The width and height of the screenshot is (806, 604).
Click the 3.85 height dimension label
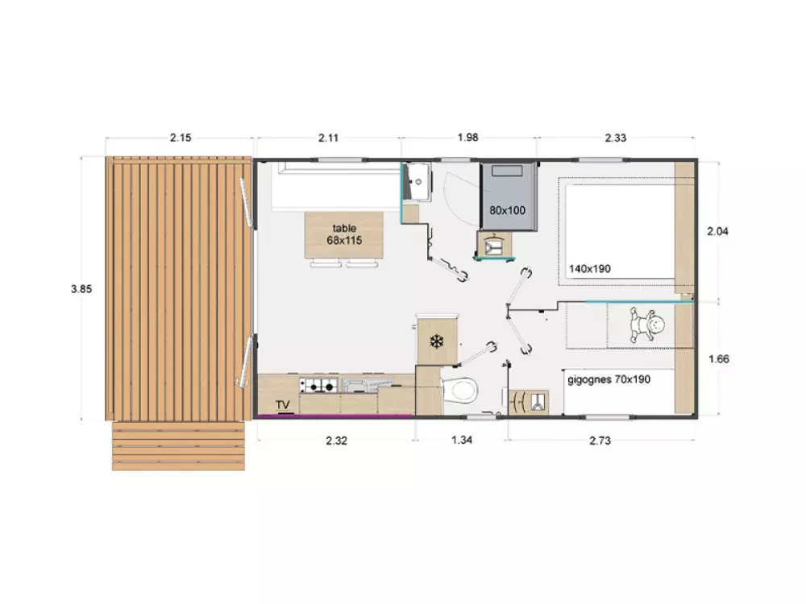pyautogui.click(x=81, y=289)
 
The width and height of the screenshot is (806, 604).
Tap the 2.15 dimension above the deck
pyautogui.click(x=181, y=138)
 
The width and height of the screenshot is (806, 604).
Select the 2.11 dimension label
pyautogui.click(x=329, y=138)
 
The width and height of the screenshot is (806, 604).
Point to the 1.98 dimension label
pyautogui.click(x=467, y=137)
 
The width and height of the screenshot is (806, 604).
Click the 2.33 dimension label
pyautogui.click(x=615, y=138)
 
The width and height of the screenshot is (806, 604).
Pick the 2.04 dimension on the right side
pyautogui.click(x=717, y=232)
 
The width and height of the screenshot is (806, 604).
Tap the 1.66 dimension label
pyautogui.click(x=719, y=359)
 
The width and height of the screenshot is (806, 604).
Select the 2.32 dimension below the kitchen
pyautogui.click(x=336, y=441)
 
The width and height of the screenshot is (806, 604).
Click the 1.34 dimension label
pyautogui.click(x=462, y=441)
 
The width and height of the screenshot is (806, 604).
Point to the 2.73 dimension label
pyautogui.click(x=600, y=441)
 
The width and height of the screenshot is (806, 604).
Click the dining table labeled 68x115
pyautogui.click(x=344, y=234)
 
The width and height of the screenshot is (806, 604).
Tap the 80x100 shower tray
pyautogui.click(x=509, y=197)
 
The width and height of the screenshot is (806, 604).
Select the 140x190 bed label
pyautogui.click(x=590, y=269)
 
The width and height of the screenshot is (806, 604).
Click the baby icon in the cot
pyautogui.click(x=647, y=325)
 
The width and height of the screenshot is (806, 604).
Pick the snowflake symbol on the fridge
pyautogui.click(x=436, y=341)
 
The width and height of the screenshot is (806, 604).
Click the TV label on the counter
pyautogui.click(x=283, y=405)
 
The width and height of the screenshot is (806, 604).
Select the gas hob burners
pyautogui.click(x=318, y=385)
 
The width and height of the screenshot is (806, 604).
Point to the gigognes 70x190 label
pyautogui.click(x=609, y=379)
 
